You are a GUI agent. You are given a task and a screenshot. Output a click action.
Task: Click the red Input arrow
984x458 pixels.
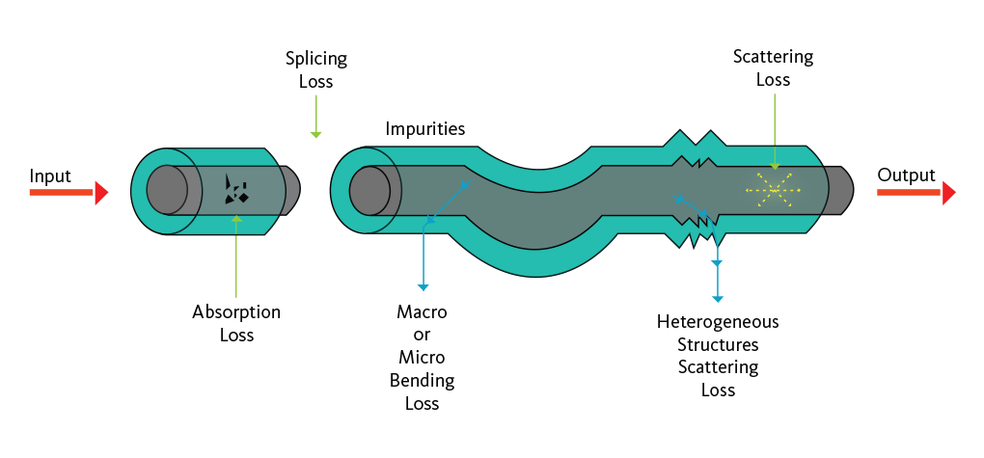(x=68, y=193)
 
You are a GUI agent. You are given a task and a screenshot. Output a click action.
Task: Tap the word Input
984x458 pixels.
(x=50, y=175)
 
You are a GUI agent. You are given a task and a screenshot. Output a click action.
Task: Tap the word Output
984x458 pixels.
(x=906, y=175)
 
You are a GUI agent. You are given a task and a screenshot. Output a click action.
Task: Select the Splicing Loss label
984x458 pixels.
(x=315, y=70)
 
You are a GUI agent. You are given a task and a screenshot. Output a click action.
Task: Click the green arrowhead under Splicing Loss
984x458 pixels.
(x=315, y=133)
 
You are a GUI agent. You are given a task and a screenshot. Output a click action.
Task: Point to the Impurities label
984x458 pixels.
(x=425, y=128)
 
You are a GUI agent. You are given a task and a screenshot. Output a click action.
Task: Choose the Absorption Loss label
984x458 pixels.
(x=236, y=323)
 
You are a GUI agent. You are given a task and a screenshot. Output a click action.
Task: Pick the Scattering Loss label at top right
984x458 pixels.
(x=773, y=68)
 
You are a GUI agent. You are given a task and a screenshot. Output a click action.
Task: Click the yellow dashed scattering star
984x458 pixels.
(x=774, y=190)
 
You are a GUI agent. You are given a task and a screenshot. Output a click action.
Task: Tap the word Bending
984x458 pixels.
(x=422, y=381)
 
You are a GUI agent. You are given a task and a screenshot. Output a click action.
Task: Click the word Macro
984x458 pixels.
(x=422, y=312)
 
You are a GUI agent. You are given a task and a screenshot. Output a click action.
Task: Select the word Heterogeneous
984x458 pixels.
(x=718, y=321)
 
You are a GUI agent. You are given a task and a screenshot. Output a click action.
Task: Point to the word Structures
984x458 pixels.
(x=718, y=344)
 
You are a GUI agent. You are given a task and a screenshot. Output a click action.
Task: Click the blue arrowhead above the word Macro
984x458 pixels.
(x=423, y=285)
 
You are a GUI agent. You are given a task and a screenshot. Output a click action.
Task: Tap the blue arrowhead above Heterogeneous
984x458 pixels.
(x=717, y=298)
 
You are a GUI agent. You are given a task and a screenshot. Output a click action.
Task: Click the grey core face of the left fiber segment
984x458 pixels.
(x=167, y=189)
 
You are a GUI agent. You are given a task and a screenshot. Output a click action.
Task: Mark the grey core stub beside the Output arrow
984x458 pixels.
(x=840, y=189)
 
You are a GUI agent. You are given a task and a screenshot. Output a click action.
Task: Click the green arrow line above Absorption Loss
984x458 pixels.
(x=236, y=260)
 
